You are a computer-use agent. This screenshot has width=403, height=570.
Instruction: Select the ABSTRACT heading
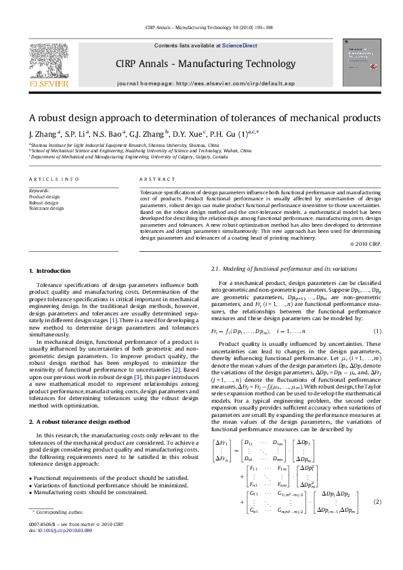[x=154, y=179]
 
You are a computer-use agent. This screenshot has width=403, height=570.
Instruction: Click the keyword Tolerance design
[x=46, y=208]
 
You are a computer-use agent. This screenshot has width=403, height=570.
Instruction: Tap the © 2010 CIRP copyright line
[x=365, y=243]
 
